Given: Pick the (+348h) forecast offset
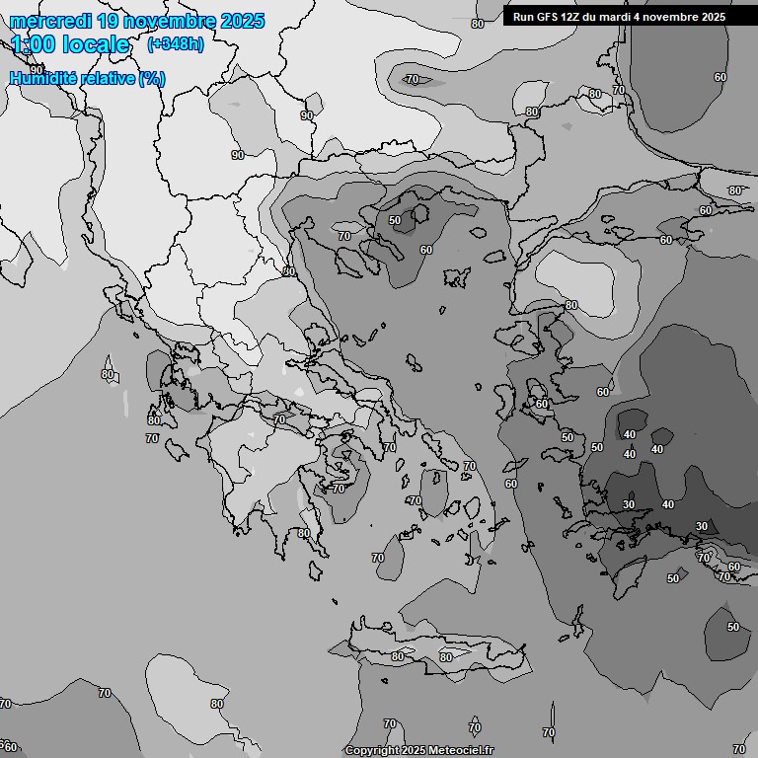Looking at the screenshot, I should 175,44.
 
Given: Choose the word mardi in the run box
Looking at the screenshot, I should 619,17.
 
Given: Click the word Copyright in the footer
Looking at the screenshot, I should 371,751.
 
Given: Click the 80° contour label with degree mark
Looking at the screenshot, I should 735,190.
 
